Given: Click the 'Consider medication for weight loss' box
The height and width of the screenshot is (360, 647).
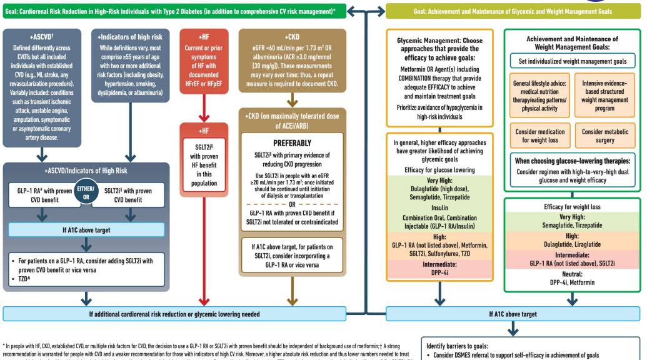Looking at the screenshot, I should point(539,136).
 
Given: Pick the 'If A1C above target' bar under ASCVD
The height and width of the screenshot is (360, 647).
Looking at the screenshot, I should point(86,230).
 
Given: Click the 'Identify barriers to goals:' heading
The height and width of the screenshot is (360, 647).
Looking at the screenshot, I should point(462,346).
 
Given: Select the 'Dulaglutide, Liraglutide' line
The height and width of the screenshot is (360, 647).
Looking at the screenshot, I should point(571,245).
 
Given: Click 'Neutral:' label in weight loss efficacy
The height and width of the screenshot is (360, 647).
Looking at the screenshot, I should point(571,273).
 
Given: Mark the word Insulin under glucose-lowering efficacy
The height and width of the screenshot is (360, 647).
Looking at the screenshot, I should point(439,208).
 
